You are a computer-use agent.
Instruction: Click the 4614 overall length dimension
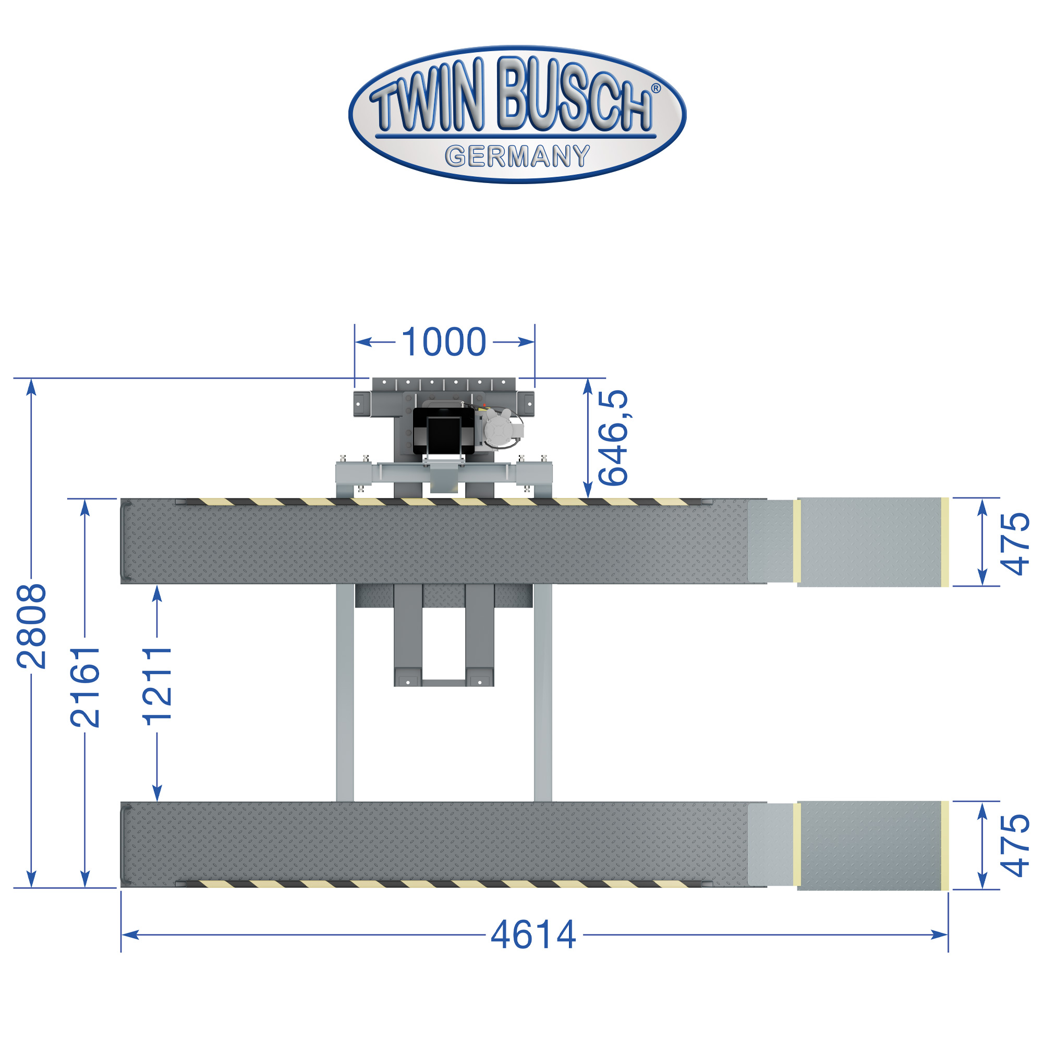pyautogui.click(x=533, y=935)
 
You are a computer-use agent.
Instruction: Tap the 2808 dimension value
pyautogui.click(x=32, y=626)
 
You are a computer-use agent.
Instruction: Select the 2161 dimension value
pyautogui.click(x=86, y=687)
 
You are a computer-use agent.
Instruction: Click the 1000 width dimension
pyautogui.click(x=444, y=342)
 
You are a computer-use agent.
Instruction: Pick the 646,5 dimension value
pyautogui.click(x=613, y=438)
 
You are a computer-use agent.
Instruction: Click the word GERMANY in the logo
pyautogui.click(x=517, y=156)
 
